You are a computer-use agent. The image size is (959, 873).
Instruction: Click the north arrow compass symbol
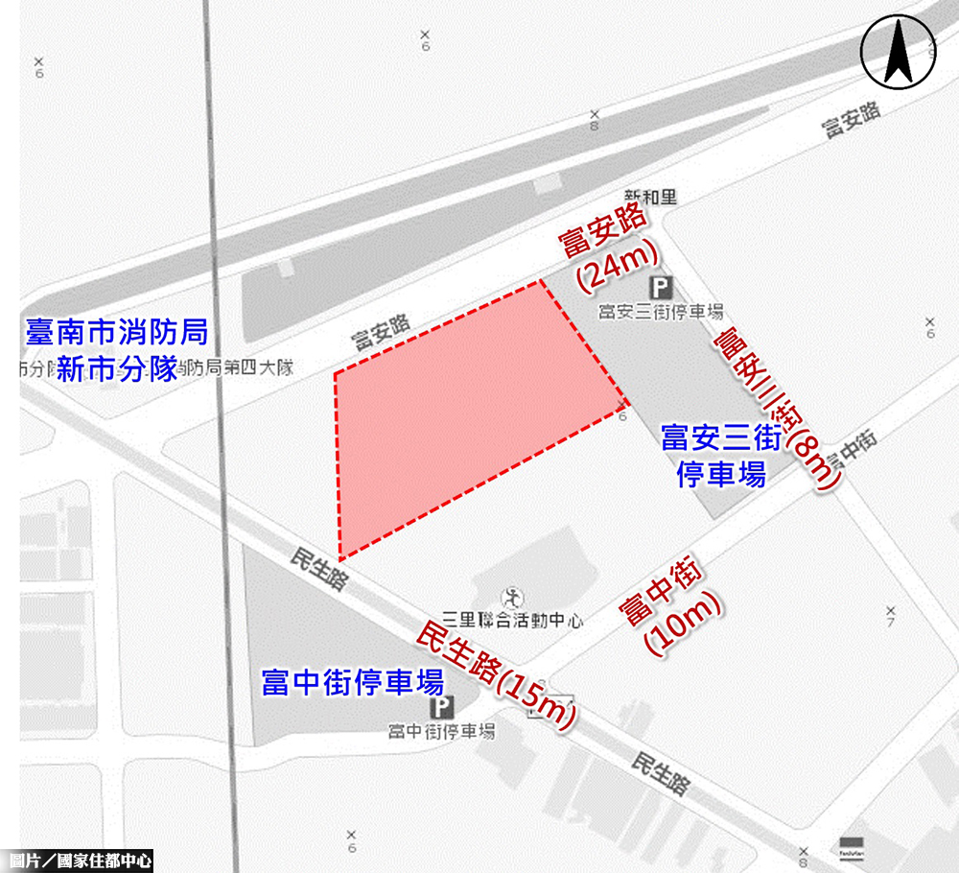899,52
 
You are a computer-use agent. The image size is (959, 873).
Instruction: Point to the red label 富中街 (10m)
672,608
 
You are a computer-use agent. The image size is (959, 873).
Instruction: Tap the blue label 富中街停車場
352,682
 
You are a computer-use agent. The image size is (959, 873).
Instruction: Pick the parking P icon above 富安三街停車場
659,286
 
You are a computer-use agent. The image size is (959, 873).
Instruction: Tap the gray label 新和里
651,197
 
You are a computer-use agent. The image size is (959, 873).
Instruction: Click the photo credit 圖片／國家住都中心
77,861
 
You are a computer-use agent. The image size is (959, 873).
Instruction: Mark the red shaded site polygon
470,413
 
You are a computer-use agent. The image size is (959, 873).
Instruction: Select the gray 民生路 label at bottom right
661,773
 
